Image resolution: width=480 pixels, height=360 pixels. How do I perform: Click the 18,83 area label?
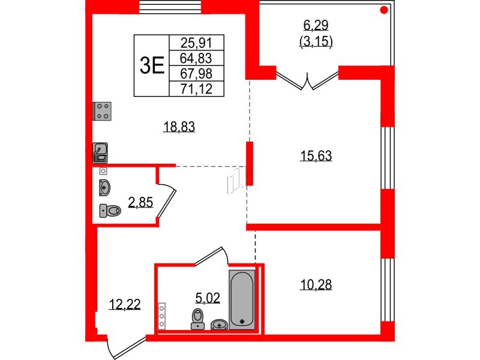pyautogui.click(x=179, y=127)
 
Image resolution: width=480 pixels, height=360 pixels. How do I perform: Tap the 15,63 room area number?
pyautogui.click(x=316, y=155)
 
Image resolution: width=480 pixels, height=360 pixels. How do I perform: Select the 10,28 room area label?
pyautogui.click(x=316, y=284)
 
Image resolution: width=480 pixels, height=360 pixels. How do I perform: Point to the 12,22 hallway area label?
pyautogui.click(x=125, y=304)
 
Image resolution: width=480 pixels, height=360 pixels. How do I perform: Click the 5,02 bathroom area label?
pyautogui.click(x=208, y=298)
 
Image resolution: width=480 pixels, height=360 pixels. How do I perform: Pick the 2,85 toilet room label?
pyautogui.click(x=140, y=202)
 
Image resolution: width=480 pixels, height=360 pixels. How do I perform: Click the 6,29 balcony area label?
pyautogui.click(x=316, y=25)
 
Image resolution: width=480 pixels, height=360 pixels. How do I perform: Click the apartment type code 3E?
pyautogui.click(x=152, y=65)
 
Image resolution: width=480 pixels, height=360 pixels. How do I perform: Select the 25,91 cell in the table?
pyautogui.click(x=196, y=43)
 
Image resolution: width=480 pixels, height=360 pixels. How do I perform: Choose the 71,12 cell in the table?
pyautogui.click(x=196, y=89)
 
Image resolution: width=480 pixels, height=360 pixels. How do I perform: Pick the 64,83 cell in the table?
pyautogui.click(x=196, y=58)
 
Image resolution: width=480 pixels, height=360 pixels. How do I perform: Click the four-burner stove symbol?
pyautogui.click(x=102, y=111)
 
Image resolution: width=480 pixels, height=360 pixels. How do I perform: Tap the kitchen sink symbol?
pyautogui.click(x=100, y=152)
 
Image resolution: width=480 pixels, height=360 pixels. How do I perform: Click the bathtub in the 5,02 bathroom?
pyautogui.click(x=242, y=299)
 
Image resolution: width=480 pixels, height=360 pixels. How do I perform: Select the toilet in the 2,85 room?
pyautogui.click(x=110, y=211)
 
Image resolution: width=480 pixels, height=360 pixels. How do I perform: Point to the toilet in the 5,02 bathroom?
pyautogui.click(x=198, y=319)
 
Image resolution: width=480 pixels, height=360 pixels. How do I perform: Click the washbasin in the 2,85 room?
pyautogui.click(x=104, y=187)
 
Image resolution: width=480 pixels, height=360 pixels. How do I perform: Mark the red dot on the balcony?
pyautogui.click(x=384, y=10)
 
